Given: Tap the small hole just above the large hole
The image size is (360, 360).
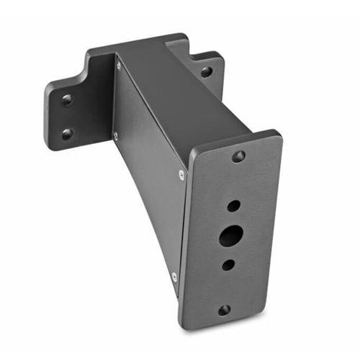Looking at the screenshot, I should tap(234, 206).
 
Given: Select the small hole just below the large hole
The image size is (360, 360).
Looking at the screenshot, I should tap(228, 264).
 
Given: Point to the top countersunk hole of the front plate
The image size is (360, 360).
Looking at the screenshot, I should tap(238, 156).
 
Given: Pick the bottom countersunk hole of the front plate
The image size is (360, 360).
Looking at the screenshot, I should tap(224, 310).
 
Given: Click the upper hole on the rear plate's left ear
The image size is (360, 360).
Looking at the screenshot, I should tap(67, 100).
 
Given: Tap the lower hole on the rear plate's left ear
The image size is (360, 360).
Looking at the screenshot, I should tap(66, 133).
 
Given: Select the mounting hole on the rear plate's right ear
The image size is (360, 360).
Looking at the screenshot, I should tap(206, 72).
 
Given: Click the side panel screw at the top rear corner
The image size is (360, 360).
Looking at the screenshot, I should tap(119, 66).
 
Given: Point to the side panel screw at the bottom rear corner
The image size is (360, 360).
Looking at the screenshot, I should tap(115, 135).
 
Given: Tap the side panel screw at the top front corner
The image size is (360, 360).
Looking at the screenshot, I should tap(181, 174).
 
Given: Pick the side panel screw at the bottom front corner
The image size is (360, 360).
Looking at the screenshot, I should tap(174, 276).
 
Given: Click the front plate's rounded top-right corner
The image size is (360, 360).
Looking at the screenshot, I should tap(276, 135).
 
